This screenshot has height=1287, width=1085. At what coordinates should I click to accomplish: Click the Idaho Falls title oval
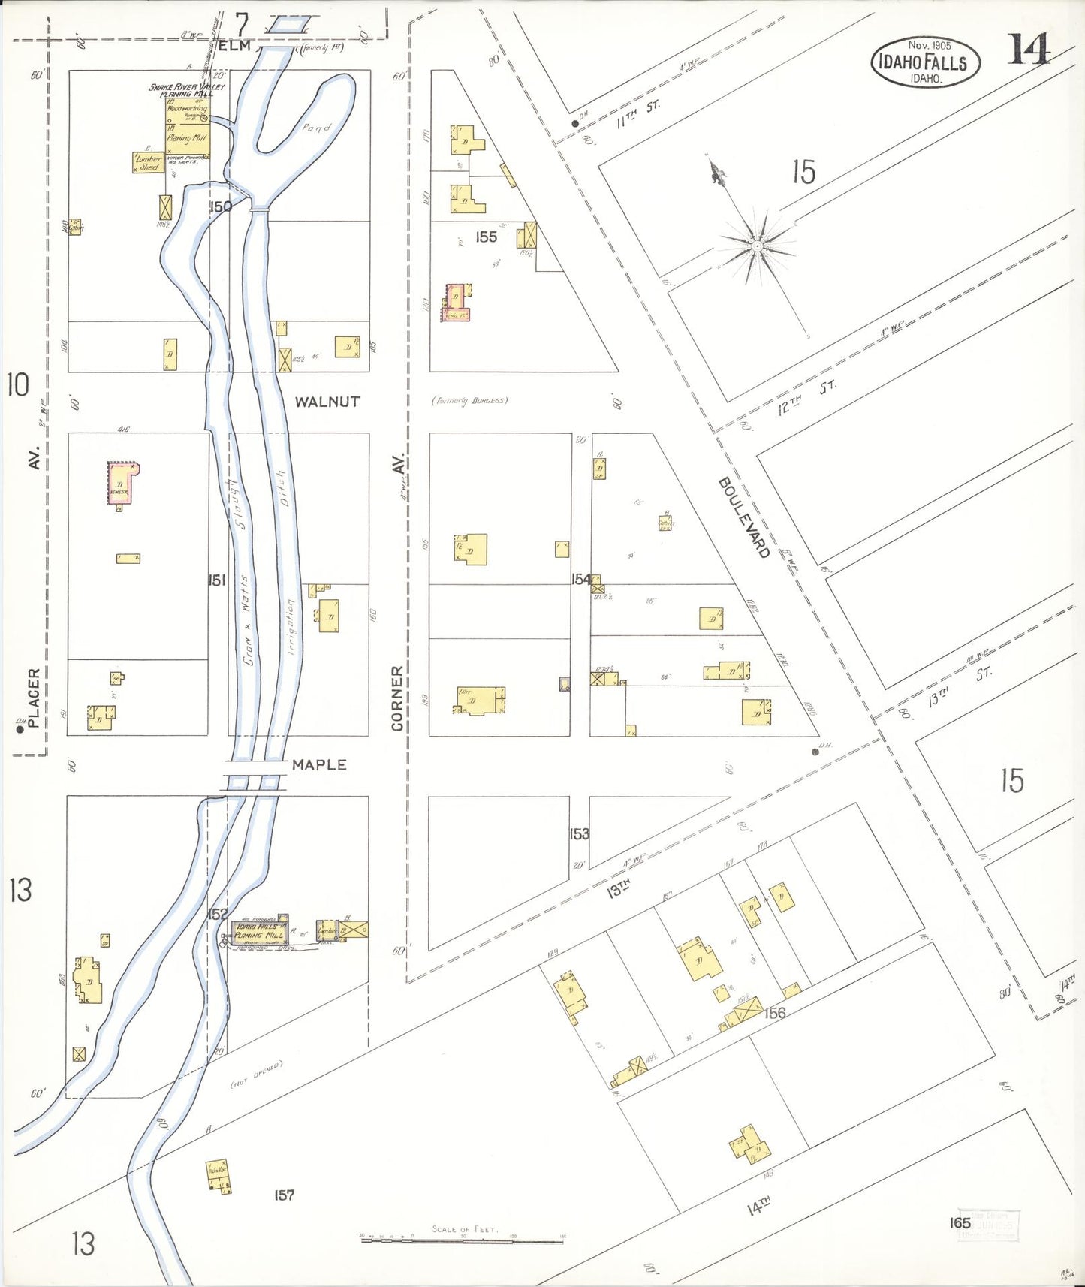(924, 62)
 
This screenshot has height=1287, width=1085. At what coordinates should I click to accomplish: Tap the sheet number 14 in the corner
(1029, 50)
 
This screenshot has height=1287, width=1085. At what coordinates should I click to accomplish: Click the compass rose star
(757, 245)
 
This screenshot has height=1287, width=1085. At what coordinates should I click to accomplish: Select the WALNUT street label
(327, 402)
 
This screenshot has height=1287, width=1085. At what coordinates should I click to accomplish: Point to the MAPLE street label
(319, 764)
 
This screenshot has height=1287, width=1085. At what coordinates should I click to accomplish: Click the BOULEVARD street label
(743, 518)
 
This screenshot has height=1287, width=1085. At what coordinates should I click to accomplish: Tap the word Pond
(316, 128)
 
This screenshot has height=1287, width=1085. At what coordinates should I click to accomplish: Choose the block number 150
(220, 206)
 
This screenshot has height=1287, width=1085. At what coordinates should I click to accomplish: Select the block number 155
(486, 237)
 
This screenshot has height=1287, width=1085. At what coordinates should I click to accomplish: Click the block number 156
(774, 1013)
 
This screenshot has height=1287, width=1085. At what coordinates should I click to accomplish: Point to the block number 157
(284, 1195)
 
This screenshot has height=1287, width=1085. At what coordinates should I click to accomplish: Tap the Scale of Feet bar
(462, 1240)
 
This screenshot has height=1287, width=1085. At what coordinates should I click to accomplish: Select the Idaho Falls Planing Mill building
(260, 931)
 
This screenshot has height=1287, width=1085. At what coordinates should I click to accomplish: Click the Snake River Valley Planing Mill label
(186, 91)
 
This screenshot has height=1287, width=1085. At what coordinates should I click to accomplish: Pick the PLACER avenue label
(33, 698)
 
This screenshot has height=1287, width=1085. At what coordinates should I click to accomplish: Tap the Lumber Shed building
(148, 163)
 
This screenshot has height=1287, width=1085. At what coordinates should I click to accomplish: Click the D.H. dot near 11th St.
(575, 124)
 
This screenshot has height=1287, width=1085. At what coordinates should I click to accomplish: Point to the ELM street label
(235, 46)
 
